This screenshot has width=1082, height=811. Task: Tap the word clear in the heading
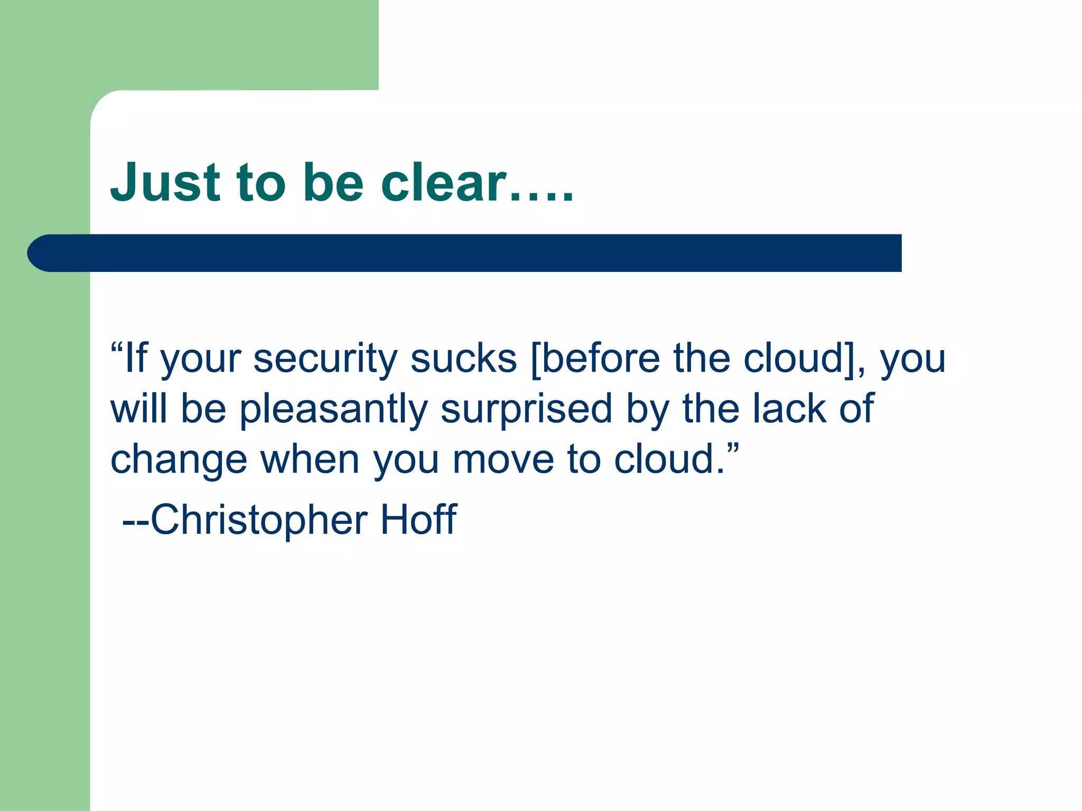click(x=444, y=183)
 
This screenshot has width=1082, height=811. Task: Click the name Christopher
click(x=259, y=521)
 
